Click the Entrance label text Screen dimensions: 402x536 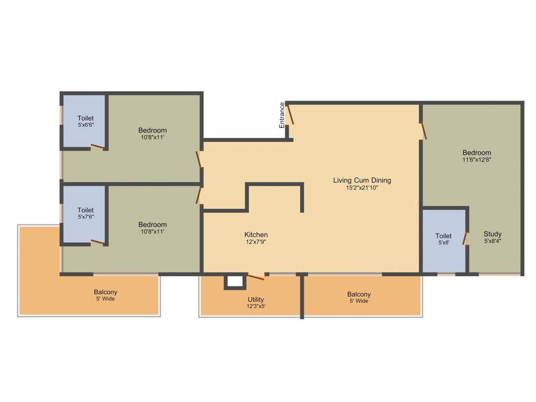(282, 115)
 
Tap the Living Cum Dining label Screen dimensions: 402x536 (362, 180)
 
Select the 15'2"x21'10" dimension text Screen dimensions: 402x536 (362, 187)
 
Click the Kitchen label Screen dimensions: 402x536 (256, 234)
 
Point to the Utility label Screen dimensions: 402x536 (256, 299)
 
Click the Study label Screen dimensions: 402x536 (493, 234)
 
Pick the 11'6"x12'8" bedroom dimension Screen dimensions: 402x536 (476, 160)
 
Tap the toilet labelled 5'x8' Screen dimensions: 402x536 (443, 240)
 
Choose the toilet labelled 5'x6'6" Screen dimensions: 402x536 (85, 121)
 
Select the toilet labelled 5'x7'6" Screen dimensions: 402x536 (85, 213)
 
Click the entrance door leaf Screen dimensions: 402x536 (290, 115)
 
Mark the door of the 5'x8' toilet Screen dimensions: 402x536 (465, 238)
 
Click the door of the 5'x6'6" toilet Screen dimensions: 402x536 (97, 147)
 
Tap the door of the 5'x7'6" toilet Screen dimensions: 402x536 (97, 242)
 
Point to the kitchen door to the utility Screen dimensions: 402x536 (256, 276)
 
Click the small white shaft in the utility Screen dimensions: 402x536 (235, 282)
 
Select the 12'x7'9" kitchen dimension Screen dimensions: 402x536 (256, 242)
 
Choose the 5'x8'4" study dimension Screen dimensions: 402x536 (493, 241)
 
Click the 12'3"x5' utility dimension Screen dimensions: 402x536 (256, 307)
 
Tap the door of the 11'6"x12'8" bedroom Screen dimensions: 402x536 (423, 131)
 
